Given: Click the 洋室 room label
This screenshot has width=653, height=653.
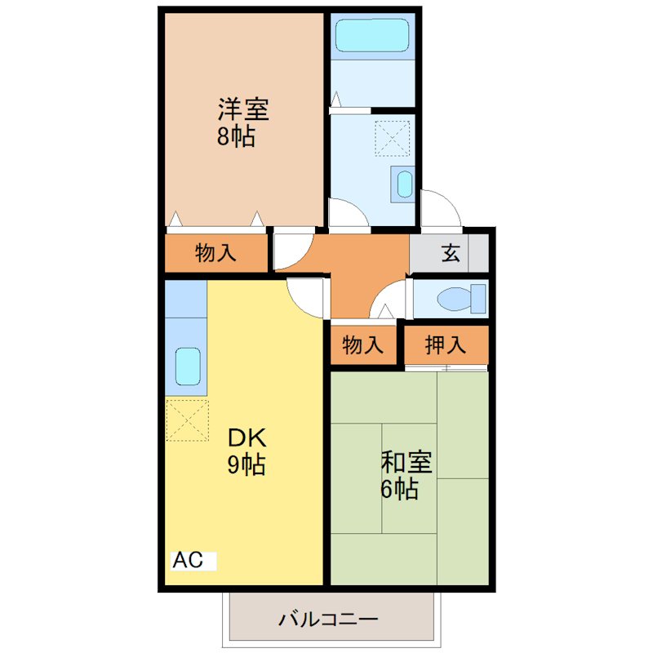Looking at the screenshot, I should tap(242, 109).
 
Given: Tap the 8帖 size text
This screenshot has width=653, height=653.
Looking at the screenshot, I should tap(236, 135).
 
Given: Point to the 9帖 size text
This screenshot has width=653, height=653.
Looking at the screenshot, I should tap(245, 464).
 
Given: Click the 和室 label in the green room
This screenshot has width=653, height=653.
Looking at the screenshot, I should tap(406, 462).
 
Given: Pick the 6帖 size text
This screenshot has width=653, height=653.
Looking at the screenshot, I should tap(400, 489).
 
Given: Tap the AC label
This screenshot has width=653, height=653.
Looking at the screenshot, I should tap(187, 561).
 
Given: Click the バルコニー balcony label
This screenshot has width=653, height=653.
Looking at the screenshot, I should tap(327, 618).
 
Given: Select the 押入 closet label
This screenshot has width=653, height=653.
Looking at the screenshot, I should tap(446, 344).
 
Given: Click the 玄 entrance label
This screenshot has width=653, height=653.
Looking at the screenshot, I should tap(451, 253).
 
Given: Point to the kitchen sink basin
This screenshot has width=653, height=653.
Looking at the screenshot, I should tap(188, 366).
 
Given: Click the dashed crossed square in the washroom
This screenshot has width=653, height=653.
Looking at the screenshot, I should tap(393, 138).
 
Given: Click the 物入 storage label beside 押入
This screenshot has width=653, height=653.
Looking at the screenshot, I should tap(362, 344).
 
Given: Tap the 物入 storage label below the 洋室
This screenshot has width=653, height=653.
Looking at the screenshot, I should tap(216, 253).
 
